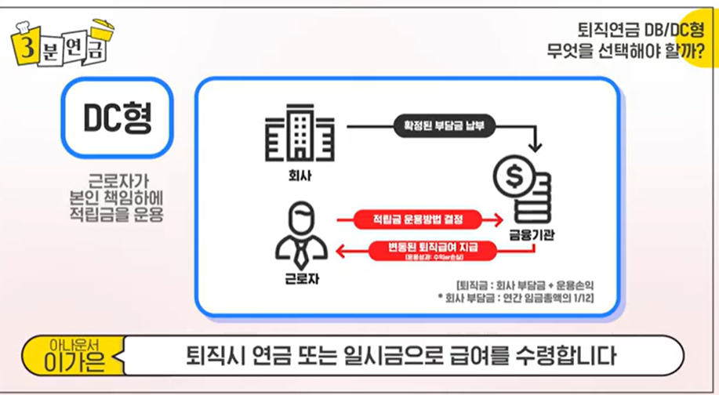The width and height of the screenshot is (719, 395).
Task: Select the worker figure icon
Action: point(301,233)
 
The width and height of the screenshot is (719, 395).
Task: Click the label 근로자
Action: point(301,276)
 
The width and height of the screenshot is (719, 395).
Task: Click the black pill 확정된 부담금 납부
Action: point(444,125)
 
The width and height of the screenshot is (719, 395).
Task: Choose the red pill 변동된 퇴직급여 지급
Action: point(432,250)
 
